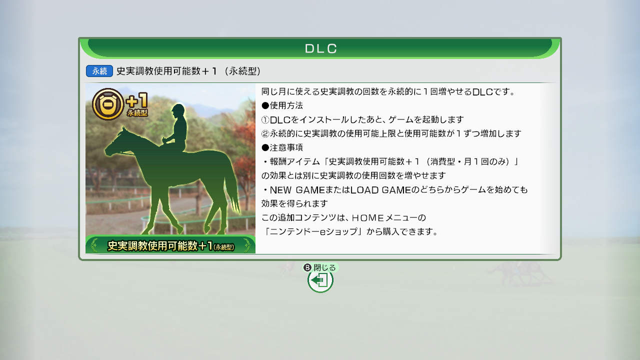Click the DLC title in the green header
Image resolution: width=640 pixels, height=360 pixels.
321,48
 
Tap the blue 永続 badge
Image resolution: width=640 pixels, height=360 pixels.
99,71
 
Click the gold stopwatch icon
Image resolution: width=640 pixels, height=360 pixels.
108,104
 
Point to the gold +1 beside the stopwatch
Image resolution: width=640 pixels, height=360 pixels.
137,100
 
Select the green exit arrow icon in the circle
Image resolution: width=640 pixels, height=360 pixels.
320,280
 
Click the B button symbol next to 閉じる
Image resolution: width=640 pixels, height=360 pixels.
307,267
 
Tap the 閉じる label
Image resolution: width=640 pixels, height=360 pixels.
324,267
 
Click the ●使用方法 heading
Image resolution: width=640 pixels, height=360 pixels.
282,105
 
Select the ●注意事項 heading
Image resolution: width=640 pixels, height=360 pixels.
282,147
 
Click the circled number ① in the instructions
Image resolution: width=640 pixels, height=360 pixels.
265,119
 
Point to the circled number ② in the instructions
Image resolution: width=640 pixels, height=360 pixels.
265,133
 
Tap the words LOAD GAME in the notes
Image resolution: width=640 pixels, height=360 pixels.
380,190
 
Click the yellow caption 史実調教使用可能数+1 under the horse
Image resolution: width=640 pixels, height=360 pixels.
159,245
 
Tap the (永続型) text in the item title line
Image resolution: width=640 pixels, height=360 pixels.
242,71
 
